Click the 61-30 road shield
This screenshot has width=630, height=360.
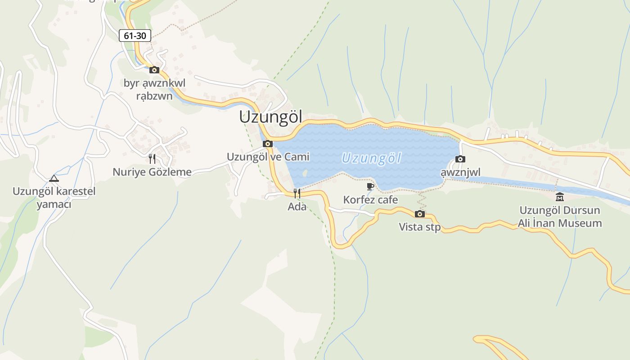pos(135,36)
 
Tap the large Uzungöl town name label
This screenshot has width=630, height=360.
pos(270,117)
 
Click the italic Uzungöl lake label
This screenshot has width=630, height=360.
pos(371,158)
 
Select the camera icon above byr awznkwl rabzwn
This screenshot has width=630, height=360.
pos(154,70)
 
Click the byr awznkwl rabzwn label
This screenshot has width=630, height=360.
pos(154,90)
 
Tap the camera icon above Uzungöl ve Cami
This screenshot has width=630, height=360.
pos(268,144)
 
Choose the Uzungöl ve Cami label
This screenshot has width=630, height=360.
pos(268,157)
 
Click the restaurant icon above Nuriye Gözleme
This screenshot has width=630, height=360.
pos(152,159)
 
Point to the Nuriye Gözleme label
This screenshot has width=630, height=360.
pos(152,172)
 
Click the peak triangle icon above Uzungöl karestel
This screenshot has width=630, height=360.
pos(54,179)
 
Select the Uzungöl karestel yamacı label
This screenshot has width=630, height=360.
pos(54,198)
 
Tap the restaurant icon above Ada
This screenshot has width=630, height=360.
pos(297,193)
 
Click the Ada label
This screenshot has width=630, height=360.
pos(297,207)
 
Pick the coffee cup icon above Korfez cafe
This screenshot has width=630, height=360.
pos(370,186)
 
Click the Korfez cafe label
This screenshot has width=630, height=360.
pos(370,199)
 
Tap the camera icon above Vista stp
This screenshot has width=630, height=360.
pos(420,214)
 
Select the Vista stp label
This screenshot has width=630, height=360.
pos(420,227)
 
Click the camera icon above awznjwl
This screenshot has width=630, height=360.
pos(460,159)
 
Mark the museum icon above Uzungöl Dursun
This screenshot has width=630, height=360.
pos(560,197)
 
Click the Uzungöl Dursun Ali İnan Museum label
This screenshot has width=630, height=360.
pos(560,217)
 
